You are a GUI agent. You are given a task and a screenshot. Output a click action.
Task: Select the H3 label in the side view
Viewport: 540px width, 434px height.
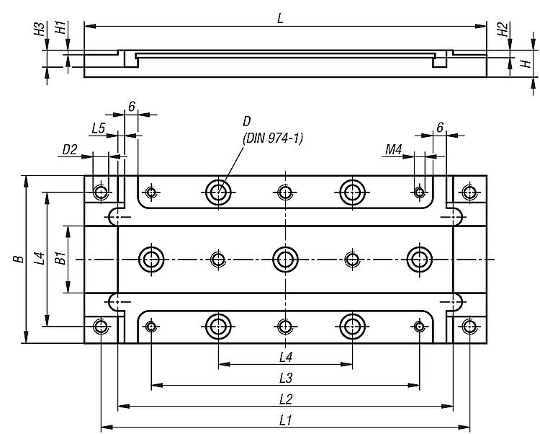tap(41, 30)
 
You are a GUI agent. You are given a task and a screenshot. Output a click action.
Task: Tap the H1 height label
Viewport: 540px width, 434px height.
tap(62, 30)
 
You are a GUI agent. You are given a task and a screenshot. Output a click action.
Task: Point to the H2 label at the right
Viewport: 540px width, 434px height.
tap(503, 30)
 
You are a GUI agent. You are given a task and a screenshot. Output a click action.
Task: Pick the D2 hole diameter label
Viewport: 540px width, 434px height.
tap(70, 149)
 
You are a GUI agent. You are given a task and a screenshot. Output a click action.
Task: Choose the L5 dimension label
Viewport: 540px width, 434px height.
tap(99, 128)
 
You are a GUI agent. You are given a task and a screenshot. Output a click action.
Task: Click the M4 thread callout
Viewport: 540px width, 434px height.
tap(393, 149)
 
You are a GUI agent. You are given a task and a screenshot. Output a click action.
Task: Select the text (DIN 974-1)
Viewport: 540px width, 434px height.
tap(273, 138)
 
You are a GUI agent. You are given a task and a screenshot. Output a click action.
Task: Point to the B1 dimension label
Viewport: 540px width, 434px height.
tap(62, 257)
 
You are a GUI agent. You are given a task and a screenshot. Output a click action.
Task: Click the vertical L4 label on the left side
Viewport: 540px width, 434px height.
tap(40, 257)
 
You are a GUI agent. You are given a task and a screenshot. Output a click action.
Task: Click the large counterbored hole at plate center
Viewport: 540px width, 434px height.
tap(286, 259)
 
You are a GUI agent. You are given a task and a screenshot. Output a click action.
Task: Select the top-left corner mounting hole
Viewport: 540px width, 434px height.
tap(102, 192)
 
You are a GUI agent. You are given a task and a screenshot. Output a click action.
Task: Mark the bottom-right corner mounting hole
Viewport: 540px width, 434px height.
tap(469, 327)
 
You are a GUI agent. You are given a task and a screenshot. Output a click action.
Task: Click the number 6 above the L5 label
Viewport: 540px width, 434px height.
tap(132, 107)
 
